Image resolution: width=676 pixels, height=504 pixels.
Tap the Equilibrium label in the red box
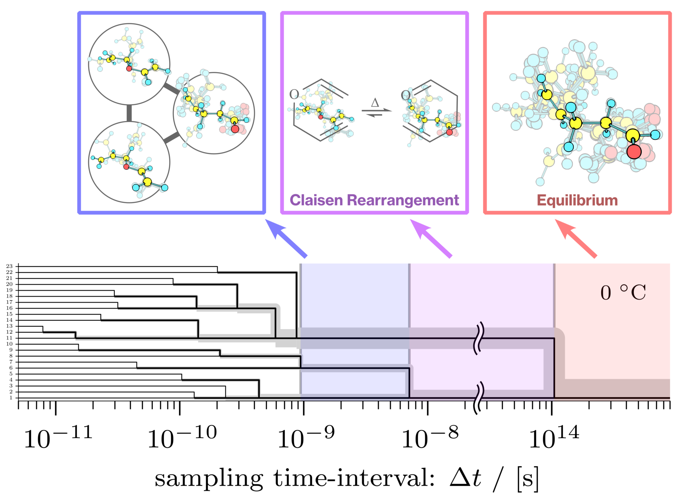point(577,200)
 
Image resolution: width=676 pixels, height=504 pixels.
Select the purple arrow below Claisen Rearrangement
point(431,238)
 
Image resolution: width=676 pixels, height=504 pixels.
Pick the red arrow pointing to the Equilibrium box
point(576,238)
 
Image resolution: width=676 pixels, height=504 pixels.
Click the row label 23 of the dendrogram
point(9,266)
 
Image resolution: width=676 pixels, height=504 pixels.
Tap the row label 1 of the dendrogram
point(11,398)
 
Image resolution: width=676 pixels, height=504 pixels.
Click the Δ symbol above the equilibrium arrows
point(375,103)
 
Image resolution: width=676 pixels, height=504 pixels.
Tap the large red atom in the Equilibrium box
point(634,152)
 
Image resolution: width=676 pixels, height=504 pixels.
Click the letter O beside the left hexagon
point(294,94)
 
